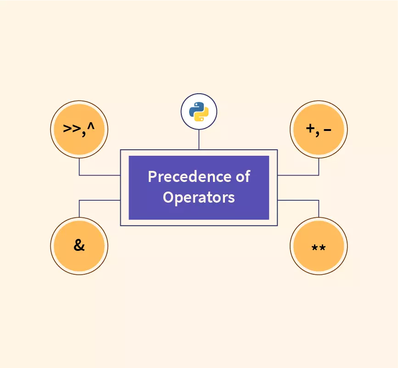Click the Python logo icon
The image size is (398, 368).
[x=199, y=112]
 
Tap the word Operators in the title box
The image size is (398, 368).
[x=199, y=197]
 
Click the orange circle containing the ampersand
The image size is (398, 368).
[x=79, y=245]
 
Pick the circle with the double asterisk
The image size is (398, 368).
[x=319, y=245]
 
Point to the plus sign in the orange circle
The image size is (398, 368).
[x=311, y=129]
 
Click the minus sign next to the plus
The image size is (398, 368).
[x=327, y=130]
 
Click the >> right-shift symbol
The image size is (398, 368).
[x=71, y=129]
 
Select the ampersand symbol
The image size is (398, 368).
[x=79, y=245]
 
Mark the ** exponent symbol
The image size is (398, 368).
[x=319, y=248]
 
